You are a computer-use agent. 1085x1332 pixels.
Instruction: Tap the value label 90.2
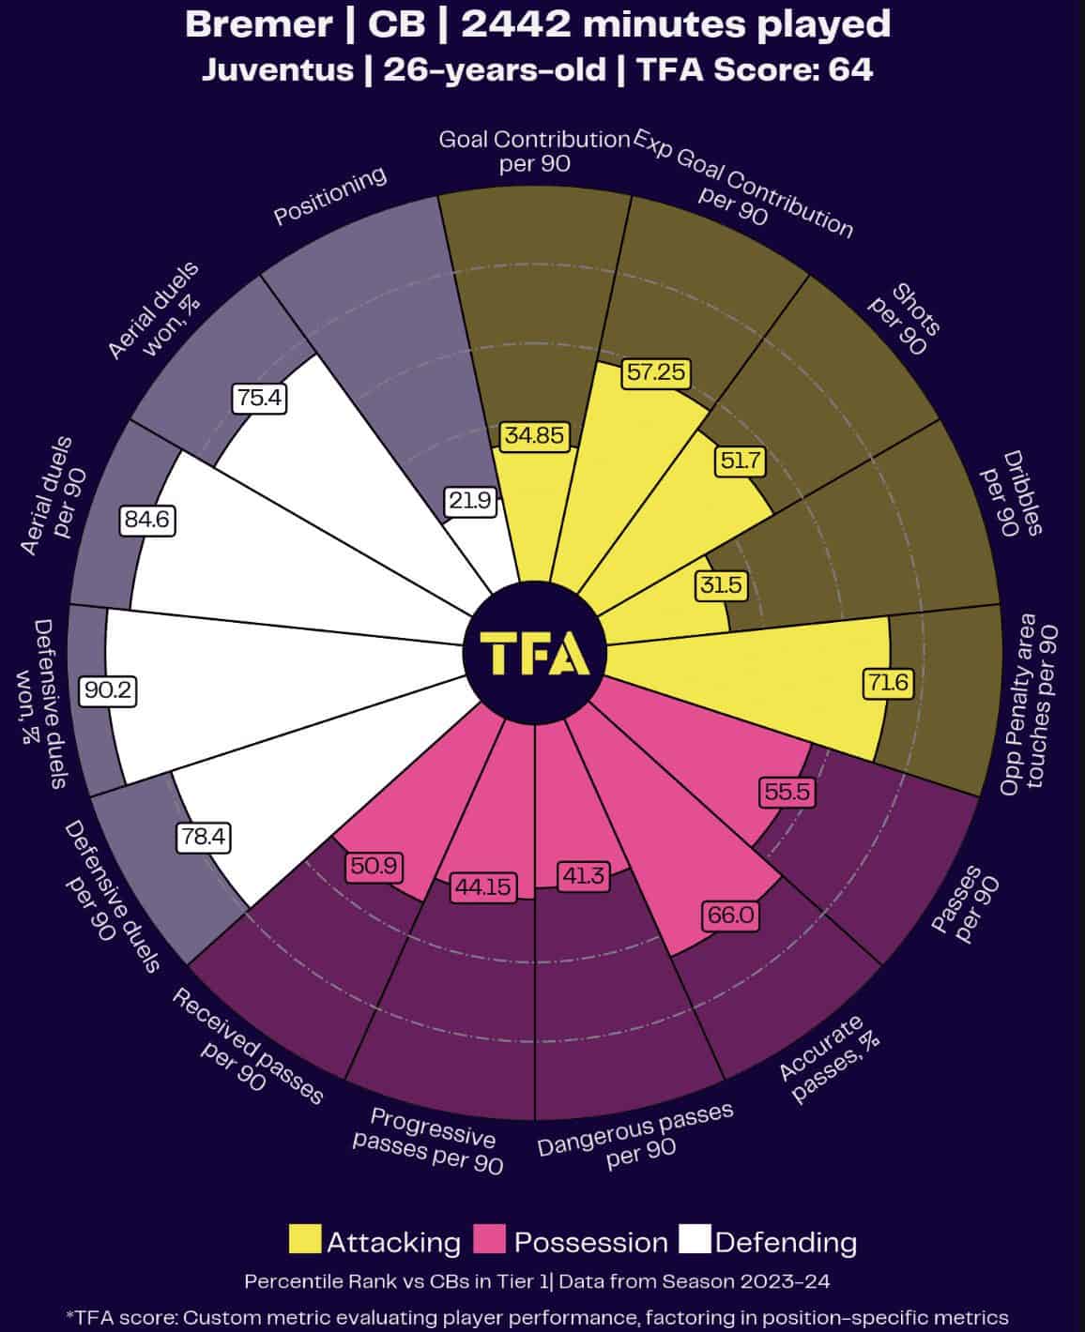110,691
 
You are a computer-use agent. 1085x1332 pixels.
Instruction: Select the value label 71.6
887,683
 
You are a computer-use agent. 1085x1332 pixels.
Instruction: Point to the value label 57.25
657,372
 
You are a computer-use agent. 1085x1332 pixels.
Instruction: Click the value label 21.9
469,501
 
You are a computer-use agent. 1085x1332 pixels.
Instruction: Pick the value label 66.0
731,915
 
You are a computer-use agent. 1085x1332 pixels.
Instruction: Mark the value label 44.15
484,885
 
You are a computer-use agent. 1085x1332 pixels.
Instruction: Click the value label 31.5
720,586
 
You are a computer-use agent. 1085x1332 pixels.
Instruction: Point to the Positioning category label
330,197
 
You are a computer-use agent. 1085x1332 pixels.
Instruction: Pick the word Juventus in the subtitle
277,69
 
